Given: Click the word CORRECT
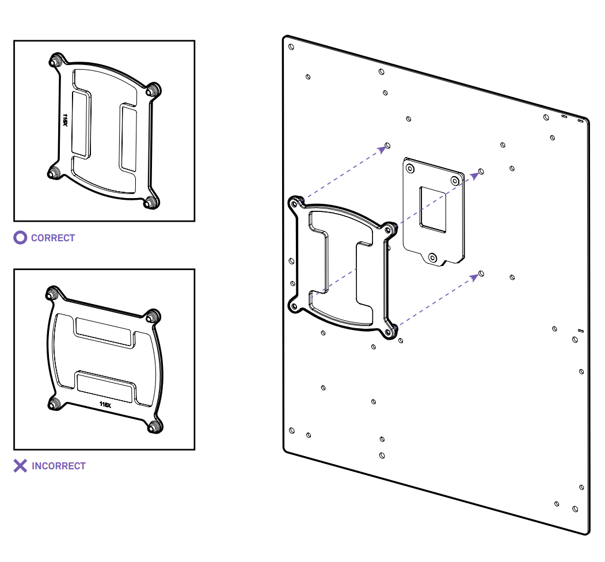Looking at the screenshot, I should click(x=53, y=238).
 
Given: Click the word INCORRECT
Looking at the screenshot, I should click(x=59, y=466).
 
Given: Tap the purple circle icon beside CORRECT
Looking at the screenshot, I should click(x=20, y=237).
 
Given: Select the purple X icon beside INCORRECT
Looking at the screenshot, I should click(x=20, y=466).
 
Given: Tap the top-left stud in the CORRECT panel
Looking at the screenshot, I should click(x=56, y=60).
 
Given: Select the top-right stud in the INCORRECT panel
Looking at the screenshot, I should click(x=152, y=316).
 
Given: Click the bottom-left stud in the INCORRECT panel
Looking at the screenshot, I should click(x=55, y=404).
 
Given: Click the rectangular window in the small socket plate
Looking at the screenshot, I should click(x=433, y=209).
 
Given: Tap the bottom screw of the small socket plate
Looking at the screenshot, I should click(x=433, y=257).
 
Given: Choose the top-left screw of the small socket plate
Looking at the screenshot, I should click(x=410, y=168).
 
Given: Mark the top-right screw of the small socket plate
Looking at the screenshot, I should click(x=455, y=181).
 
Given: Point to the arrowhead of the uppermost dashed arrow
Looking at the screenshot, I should click(x=382, y=149).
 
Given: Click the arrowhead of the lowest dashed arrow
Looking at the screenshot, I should click(x=475, y=276).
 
